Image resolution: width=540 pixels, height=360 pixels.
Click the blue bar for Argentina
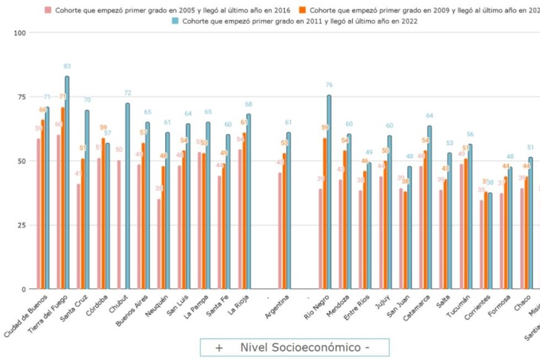288,211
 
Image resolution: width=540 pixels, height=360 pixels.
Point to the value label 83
67,66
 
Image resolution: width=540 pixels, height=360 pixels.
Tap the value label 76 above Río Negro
329,85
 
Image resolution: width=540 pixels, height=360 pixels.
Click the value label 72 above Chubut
127,93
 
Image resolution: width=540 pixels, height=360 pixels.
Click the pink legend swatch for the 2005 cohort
48,10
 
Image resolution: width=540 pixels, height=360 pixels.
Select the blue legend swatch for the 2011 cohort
175,21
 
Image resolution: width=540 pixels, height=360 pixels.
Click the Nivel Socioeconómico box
294,348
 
